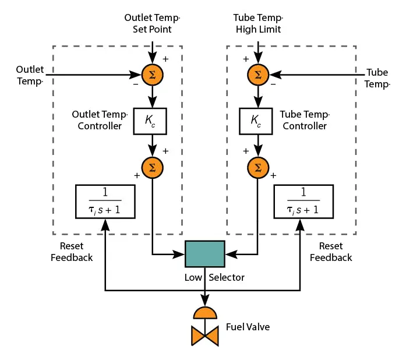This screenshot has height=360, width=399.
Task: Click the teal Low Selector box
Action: [x=204, y=254]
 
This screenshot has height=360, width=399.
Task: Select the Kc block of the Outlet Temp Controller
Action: [x=150, y=121]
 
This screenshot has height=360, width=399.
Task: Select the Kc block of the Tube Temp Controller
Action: [x=256, y=121]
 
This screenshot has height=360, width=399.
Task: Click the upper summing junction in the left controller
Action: [x=153, y=75]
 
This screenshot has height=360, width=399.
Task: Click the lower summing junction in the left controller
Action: [x=153, y=168]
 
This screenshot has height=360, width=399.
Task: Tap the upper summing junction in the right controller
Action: [x=256, y=75]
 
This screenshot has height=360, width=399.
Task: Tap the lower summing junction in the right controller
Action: [x=256, y=168]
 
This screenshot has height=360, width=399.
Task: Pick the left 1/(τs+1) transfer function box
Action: [x=105, y=202]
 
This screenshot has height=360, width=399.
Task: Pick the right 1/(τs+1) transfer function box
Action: [x=303, y=202]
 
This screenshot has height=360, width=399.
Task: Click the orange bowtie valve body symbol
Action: [x=204, y=336]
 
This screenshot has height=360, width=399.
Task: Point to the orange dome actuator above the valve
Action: [x=204, y=312]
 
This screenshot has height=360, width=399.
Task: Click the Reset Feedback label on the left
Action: [x=72, y=252]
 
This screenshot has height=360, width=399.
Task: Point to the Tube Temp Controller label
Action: [x=305, y=120]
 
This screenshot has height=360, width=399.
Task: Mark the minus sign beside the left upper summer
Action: [x=135, y=84]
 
